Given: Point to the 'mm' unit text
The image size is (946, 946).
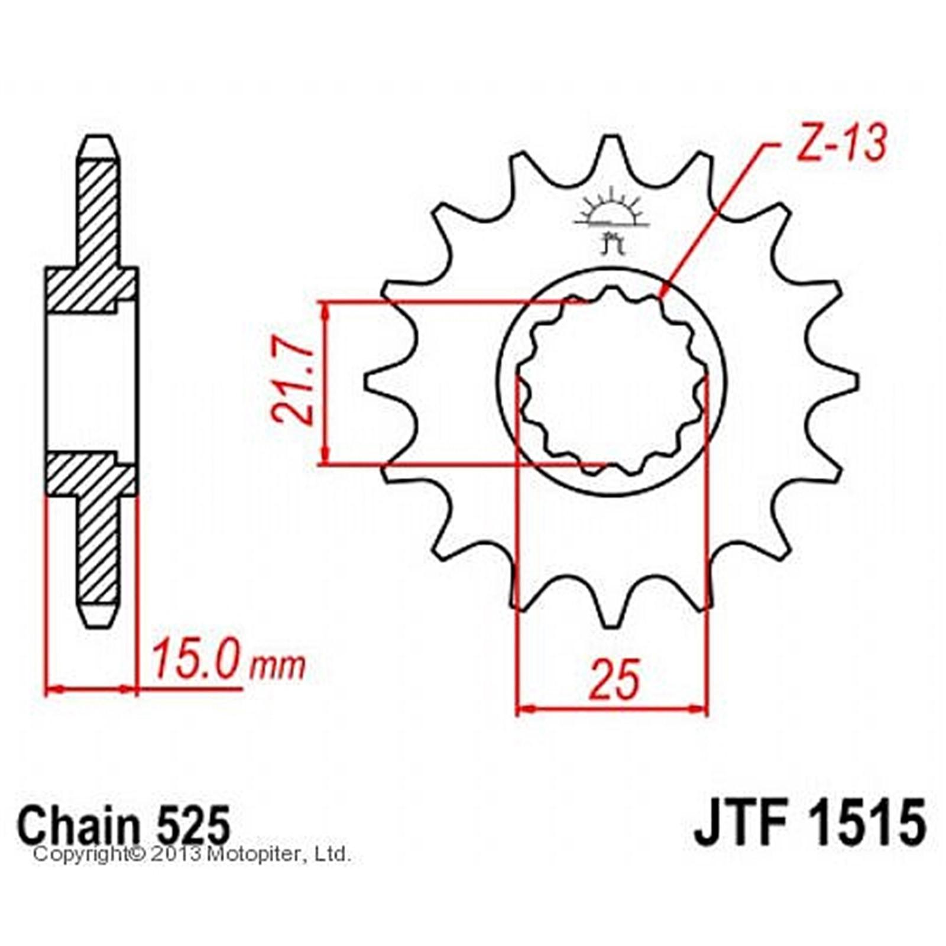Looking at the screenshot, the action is tap(277, 666).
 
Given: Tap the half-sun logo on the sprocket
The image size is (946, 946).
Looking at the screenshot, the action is tap(611, 215).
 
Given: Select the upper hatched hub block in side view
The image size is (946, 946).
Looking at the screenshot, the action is tap(92, 290).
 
